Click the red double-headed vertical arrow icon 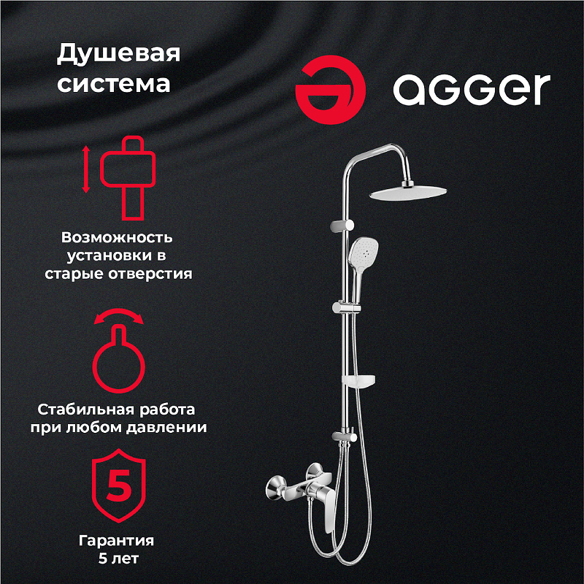click(x=86, y=169)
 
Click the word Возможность click(x=117, y=237)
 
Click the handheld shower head click(x=361, y=252)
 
